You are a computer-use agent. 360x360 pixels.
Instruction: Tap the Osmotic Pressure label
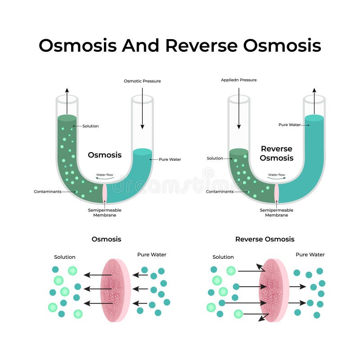coord(142,81)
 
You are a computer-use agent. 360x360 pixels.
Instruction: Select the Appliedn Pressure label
coord(238,80)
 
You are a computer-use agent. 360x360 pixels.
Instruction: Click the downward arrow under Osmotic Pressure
coord(142,108)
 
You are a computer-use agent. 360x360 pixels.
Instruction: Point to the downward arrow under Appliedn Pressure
coord(238,108)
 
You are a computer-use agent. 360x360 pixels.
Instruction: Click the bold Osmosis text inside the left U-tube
coord(104,155)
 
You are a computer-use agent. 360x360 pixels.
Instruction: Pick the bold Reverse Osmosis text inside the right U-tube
coord(276,153)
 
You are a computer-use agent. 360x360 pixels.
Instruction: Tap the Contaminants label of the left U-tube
coord(47,192)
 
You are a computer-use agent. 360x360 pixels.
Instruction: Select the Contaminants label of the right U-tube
coord(220,192)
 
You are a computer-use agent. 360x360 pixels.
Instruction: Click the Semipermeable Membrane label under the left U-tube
coord(105,212)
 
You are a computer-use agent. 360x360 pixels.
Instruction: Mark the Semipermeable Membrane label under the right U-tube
coord(276,212)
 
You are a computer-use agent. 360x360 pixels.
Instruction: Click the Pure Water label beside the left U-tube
coord(170,159)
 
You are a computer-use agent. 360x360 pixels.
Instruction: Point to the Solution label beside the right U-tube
coord(215,158)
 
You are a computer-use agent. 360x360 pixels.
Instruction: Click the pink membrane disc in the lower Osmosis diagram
coord(115,290)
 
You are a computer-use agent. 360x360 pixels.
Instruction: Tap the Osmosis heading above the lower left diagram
coord(106,239)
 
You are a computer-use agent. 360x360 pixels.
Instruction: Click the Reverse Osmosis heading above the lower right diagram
coord(265,239)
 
